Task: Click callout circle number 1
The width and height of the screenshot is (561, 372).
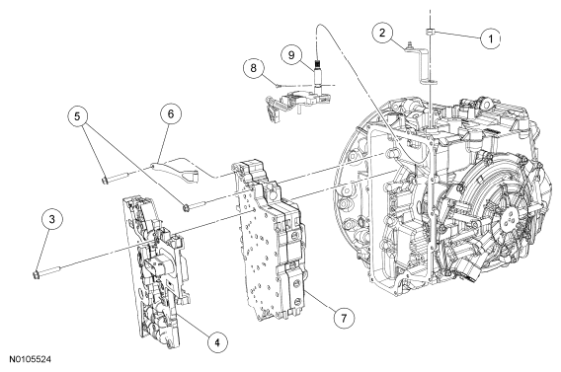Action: tap(491, 38)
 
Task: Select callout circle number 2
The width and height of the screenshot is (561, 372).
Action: tap(382, 33)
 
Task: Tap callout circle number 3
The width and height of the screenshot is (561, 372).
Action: tap(52, 219)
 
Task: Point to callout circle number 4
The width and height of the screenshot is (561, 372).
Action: tap(217, 342)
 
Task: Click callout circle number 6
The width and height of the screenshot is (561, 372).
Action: tap(170, 114)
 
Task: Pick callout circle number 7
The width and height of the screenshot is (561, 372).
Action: tap(344, 318)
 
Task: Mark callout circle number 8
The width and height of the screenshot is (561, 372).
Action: tap(254, 68)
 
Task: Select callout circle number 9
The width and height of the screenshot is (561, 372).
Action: tap(291, 55)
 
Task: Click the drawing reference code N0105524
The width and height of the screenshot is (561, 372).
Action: tap(30, 359)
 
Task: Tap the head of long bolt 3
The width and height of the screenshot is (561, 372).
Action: tap(36, 274)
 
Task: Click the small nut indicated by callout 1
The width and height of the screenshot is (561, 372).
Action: tap(430, 33)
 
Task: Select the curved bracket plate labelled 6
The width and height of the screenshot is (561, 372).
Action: tap(176, 171)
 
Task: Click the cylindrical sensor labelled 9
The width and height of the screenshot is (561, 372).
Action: tap(317, 74)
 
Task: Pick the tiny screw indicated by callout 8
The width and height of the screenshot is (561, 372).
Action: tap(278, 85)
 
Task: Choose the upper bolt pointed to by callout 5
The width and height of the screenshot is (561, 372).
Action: tap(113, 178)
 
